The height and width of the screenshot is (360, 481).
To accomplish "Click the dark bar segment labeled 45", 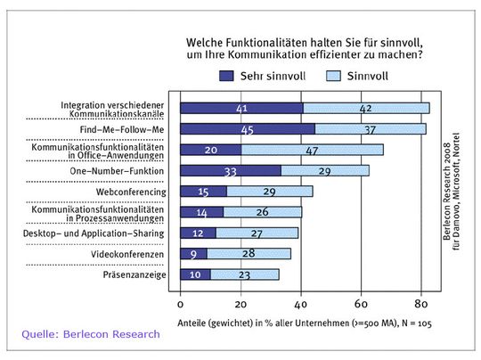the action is click(x=248, y=129).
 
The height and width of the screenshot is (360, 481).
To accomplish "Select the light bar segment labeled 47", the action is click(x=313, y=150).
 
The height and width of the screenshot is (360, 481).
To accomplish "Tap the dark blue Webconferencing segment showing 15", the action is click(x=204, y=192).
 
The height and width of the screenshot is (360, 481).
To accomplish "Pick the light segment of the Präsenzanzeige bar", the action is click(x=245, y=274).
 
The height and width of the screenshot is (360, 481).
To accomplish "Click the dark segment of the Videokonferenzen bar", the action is click(x=194, y=254).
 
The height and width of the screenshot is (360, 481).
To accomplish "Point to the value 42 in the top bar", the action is click(x=365, y=109).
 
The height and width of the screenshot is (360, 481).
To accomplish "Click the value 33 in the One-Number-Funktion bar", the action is click(x=231, y=172).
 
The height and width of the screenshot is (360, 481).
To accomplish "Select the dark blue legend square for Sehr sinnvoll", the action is click(x=226, y=76).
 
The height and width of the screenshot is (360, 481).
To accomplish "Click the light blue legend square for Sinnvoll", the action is click(x=333, y=76).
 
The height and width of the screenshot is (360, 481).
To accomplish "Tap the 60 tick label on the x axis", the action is click(x=361, y=304).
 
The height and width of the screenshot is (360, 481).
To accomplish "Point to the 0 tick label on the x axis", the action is click(x=180, y=304).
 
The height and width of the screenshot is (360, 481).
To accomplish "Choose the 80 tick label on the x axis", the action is click(x=420, y=304).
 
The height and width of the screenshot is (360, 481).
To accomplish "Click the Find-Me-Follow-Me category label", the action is click(x=122, y=129).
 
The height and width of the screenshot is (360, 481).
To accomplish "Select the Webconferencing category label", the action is click(x=131, y=192).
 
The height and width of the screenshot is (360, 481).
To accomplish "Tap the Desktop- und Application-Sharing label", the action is click(x=94, y=233).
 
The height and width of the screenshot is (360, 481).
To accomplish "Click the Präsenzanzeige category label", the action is click(x=135, y=274).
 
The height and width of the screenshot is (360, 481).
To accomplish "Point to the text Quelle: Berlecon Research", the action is click(x=91, y=334).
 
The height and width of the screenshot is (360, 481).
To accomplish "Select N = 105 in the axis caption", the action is click(x=417, y=323).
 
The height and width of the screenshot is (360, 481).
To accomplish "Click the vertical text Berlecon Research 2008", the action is click(x=447, y=192).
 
